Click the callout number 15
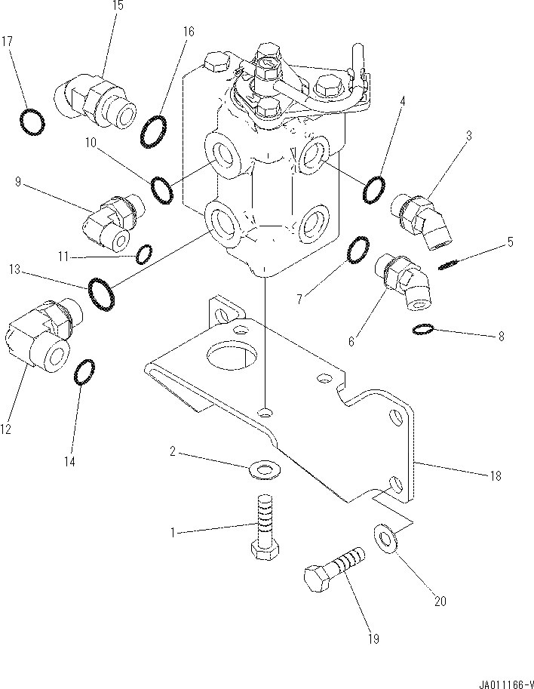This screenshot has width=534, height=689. (x=117, y=5)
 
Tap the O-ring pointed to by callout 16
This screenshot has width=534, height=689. (x=154, y=131)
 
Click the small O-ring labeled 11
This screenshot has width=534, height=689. (x=145, y=254)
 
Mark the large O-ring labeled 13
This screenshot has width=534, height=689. (x=102, y=294)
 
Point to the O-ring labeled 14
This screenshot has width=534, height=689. (x=86, y=372)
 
